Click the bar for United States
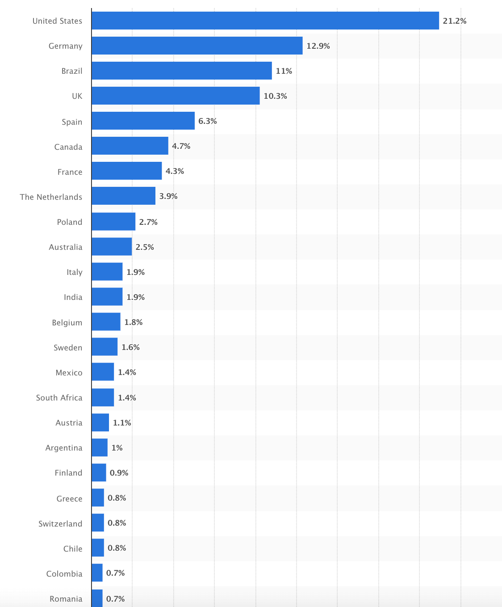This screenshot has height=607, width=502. click(265, 21)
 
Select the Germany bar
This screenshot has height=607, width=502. click(197, 46)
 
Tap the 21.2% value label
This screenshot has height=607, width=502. click(454, 21)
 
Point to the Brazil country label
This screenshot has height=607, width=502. click(72, 71)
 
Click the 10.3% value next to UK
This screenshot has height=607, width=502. click(275, 96)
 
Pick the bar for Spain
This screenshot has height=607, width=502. click(143, 121)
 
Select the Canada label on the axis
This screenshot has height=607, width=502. click(68, 147)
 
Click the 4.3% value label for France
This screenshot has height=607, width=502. click(175, 171)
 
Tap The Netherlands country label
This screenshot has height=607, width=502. click(51, 197)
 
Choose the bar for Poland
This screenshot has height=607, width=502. click(113, 222)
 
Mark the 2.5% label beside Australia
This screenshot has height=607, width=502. click(145, 247)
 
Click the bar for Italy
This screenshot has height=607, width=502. click(107, 272)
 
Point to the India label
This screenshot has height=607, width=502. click(73, 297)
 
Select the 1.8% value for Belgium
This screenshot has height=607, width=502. click(133, 322)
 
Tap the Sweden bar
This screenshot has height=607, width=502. click(105, 347)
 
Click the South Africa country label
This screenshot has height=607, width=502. click(59, 398)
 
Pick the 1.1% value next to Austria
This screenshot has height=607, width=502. click(122, 423)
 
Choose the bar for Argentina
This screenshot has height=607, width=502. click(100, 447)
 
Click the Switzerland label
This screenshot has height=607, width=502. click(60, 524)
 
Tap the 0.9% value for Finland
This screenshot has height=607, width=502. click(119, 473)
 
